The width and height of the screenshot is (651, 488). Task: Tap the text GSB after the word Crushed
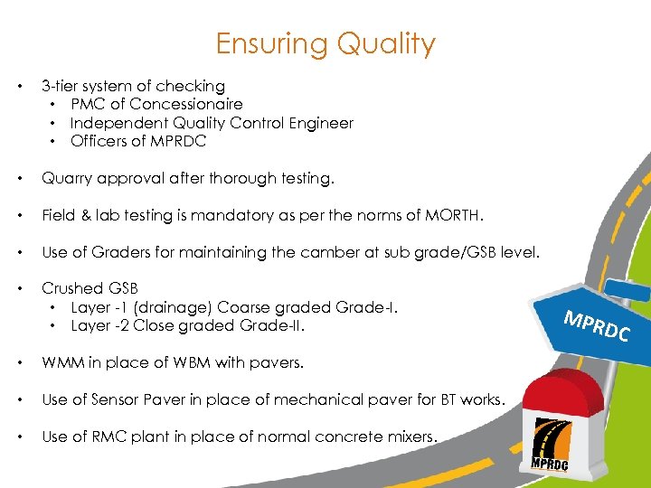123,288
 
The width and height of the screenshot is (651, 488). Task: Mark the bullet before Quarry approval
20,179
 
